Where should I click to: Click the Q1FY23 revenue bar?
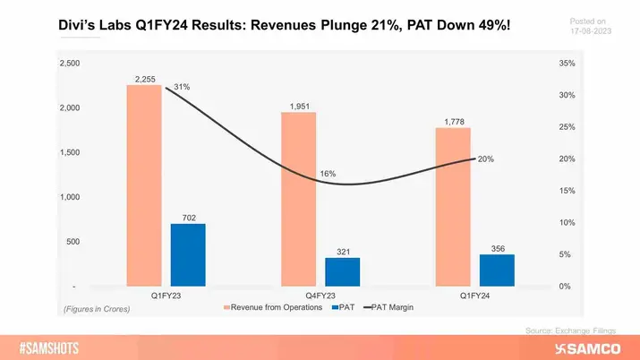coord(143,186)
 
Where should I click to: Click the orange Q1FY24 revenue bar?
coord(453,207)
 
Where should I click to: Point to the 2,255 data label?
coord(145,79)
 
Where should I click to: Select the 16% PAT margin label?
coord(328,173)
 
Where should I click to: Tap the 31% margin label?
coord(183,87)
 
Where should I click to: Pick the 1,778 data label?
coord(453,122)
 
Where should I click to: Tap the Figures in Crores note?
coord(96,309)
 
